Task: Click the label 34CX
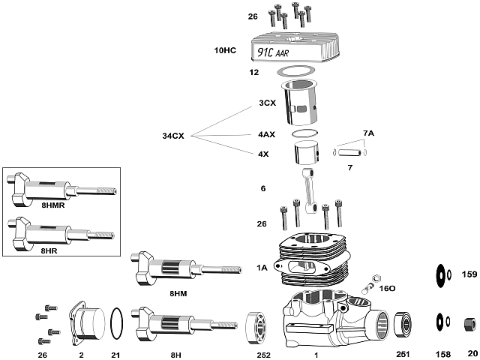click(173, 136)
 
